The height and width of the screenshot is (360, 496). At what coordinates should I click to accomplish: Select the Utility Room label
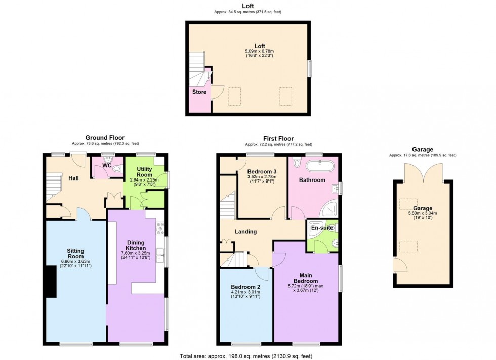pos(137,171)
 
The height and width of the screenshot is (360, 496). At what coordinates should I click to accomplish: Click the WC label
pos(107,165)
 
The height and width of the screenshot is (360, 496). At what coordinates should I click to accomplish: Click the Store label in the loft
pos(199,92)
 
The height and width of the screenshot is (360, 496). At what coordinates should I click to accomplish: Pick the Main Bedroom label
pos(306,278)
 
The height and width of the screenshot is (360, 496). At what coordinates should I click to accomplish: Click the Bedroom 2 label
pos(246,285)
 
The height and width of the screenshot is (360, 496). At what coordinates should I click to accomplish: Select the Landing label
pos(245,232)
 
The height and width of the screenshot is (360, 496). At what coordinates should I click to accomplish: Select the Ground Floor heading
pos(105,138)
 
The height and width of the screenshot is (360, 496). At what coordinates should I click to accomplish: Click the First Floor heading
pos(278,138)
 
